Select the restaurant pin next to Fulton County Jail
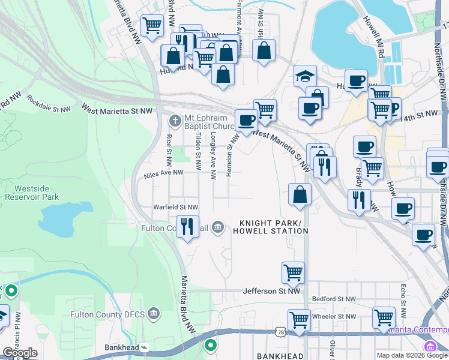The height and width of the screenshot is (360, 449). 188,227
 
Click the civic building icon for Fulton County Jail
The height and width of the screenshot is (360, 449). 218,227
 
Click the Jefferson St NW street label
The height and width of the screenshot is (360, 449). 271,292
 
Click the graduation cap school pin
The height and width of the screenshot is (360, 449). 305,77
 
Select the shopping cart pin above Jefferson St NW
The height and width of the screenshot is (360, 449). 293,273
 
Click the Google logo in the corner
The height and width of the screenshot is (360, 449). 20,353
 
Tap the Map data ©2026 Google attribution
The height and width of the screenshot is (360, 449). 412,355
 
